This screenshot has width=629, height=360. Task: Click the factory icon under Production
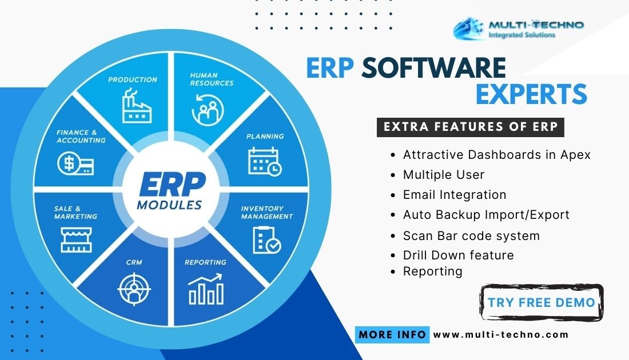[137, 106]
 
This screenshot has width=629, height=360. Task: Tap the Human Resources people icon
[208, 110]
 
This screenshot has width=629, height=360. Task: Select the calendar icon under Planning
[265, 162]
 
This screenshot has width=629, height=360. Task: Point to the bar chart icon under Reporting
[206, 289]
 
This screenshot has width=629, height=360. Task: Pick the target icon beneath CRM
[134, 289]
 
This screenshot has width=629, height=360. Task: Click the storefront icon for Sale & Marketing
[76, 240]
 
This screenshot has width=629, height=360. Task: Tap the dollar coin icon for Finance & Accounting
[75, 163]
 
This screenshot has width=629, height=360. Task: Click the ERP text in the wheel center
[172, 185]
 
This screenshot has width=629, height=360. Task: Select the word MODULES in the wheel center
[169, 205]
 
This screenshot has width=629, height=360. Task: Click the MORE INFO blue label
[392, 335]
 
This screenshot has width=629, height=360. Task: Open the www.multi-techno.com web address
[501, 334]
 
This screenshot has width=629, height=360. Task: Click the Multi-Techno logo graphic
[468, 28]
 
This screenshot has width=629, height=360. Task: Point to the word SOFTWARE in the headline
[433, 67]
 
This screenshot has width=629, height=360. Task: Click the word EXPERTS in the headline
[532, 94]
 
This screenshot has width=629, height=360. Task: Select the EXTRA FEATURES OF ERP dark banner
[471, 127]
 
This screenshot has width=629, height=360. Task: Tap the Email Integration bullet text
[455, 195]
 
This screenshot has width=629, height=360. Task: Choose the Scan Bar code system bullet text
[471, 236]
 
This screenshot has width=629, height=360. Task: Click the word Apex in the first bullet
[575, 155]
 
